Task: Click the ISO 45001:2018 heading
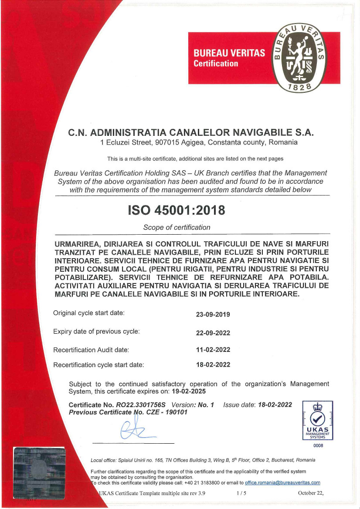pyautogui.click(x=177, y=210)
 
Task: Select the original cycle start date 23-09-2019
pyautogui.click(x=213, y=314)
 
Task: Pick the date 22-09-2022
pyautogui.click(x=213, y=333)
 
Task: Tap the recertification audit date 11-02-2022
pyautogui.click(x=213, y=350)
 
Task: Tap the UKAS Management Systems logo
pyautogui.click(x=317, y=421)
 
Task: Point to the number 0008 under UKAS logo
pyautogui.click(x=317, y=445)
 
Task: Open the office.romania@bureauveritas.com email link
pyautogui.click(x=282, y=482)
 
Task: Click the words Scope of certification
pyautogui.click(x=177, y=227)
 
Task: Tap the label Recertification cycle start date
pyautogui.click(x=98, y=365)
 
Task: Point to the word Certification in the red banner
pyautogui.click(x=216, y=64)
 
